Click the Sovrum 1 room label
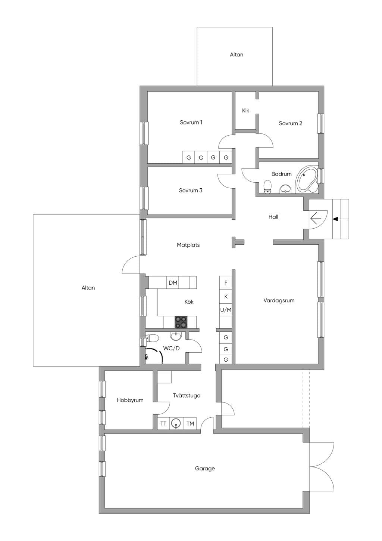[x=191, y=122]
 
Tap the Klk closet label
[x=245, y=111]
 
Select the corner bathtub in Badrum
[x=307, y=180]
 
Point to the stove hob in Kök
[x=181, y=322]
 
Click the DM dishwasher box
[x=173, y=282]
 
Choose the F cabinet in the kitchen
[x=226, y=283]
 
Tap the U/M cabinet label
[x=226, y=310]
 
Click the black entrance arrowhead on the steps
[x=335, y=219]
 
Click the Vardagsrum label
[x=279, y=300]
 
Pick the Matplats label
[x=188, y=245]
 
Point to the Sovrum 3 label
[x=191, y=190]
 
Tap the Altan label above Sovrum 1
[x=237, y=55]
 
